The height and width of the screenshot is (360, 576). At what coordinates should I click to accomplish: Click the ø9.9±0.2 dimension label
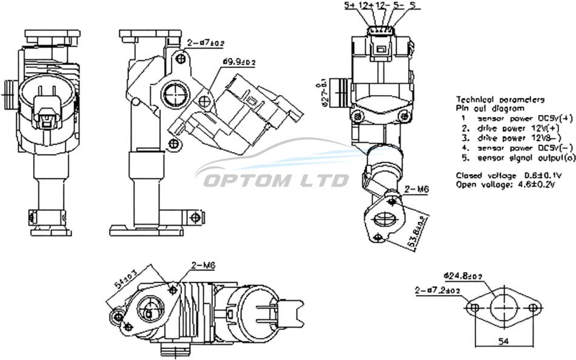[x=239, y=62]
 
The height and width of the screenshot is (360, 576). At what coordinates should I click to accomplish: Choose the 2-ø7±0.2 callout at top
[x=206, y=43]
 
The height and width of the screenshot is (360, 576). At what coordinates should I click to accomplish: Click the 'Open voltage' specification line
[x=505, y=184]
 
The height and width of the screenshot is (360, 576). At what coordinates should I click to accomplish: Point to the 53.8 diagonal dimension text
[x=412, y=230]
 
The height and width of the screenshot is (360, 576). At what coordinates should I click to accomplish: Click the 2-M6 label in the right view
[x=417, y=190]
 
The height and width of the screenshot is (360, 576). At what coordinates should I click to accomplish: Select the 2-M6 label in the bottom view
[x=204, y=265]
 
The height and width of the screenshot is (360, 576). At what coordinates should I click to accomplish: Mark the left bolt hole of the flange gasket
[x=475, y=308]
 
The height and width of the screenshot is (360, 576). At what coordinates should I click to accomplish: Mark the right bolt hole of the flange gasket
[x=532, y=308]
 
